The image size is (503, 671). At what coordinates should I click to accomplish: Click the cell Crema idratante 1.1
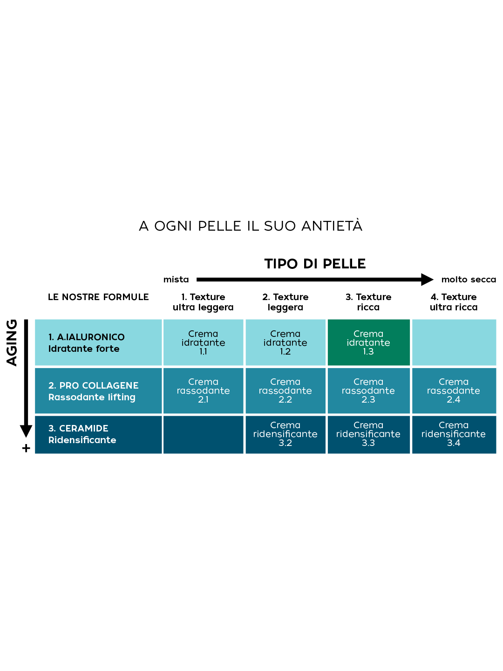(203, 342)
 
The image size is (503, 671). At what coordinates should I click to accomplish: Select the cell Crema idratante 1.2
(285, 342)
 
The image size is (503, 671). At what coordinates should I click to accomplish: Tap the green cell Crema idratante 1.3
(368, 342)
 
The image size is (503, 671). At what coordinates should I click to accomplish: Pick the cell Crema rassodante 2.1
(203, 390)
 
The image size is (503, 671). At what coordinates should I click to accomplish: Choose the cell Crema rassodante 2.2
(285, 390)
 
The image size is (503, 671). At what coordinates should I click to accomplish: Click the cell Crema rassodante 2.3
(368, 390)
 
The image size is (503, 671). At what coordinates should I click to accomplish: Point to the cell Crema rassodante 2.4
(453, 390)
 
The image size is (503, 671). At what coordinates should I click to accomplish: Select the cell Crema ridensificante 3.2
(285, 434)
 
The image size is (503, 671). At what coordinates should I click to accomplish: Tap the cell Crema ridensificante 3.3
(368, 434)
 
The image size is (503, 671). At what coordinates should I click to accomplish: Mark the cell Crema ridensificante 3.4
(453, 434)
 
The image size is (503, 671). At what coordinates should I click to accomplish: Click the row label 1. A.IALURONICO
(87, 337)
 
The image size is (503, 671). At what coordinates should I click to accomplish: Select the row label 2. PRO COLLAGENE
(94, 385)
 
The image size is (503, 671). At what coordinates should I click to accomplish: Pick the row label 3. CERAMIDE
(78, 428)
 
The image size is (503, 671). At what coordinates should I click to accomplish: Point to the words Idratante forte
(84, 349)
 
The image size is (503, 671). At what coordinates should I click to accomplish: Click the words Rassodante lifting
(92, 397)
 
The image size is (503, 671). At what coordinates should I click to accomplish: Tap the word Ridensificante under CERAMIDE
(82, 440)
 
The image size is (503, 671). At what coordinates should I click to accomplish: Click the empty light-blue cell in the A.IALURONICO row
(454, 342)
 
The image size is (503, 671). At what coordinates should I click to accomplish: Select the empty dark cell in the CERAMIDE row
(203, 434)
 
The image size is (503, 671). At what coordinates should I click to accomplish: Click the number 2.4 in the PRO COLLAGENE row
(453, 399)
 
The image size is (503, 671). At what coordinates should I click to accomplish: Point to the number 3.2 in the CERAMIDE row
(285, 443)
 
